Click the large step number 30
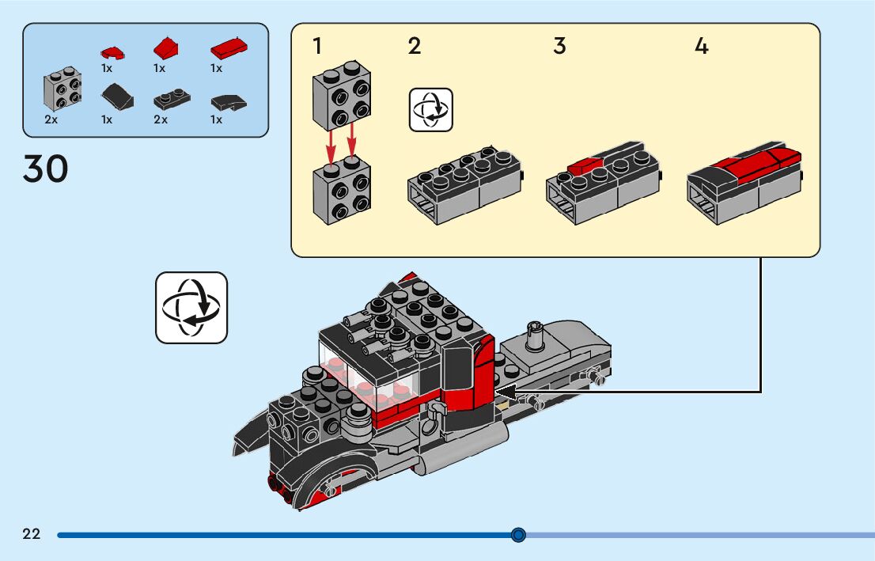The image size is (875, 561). pos(46,169)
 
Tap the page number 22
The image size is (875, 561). pos(32,534)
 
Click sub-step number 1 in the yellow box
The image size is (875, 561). pos(317,47)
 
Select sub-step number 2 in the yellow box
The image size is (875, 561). pos(415,47)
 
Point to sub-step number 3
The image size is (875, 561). pos(559,47)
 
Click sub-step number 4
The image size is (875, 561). pos(701,47)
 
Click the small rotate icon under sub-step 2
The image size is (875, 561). pos(430,110)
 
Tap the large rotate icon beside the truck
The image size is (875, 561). pos(191,308)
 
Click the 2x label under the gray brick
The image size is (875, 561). pos(51,119)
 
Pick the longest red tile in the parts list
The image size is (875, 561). pos(229,49)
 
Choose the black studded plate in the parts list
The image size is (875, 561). pos(171,100)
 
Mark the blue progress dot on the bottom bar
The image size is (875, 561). pos(518,535)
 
